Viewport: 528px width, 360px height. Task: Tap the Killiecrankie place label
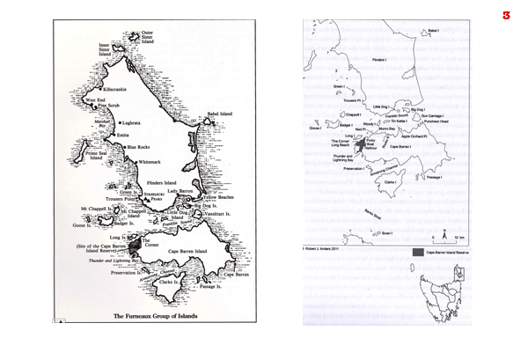[116, 90]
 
